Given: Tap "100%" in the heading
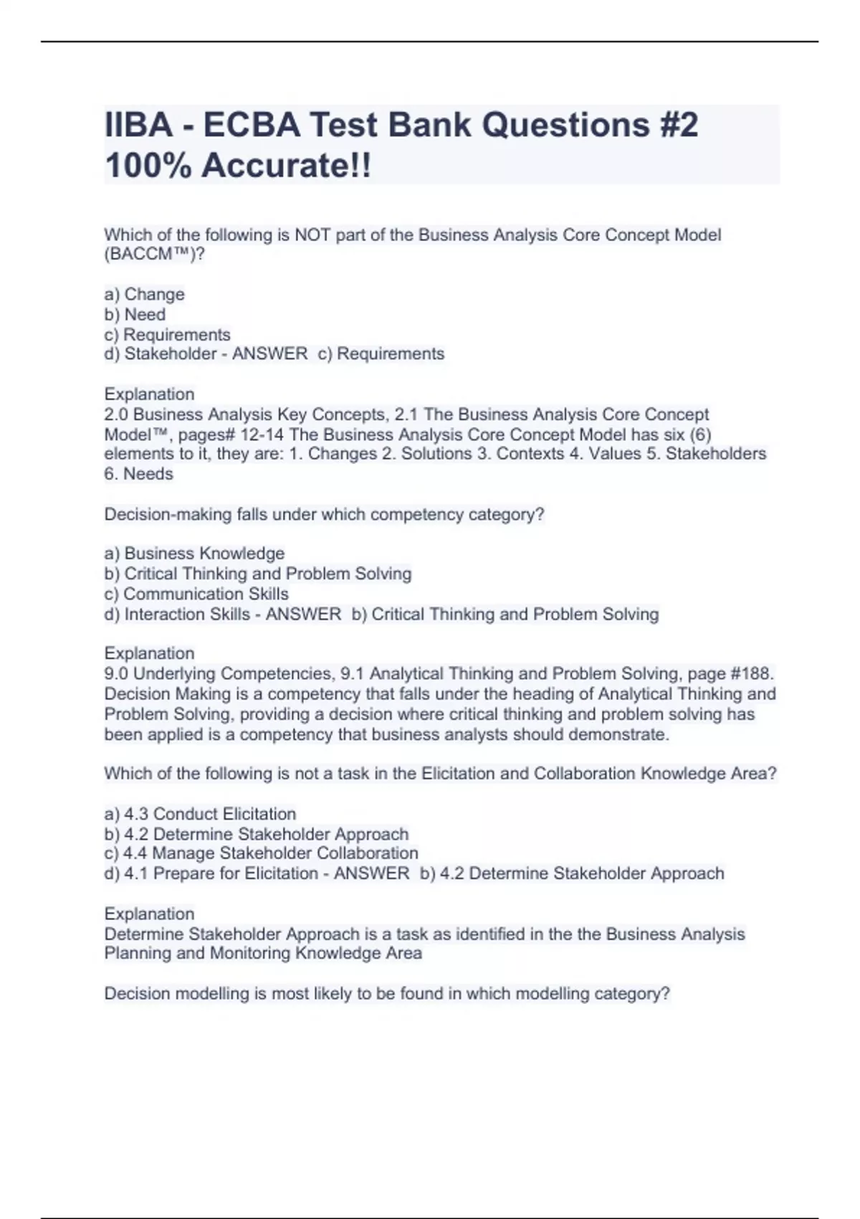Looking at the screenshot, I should [146, 166].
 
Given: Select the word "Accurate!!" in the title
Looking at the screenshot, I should [287, 166].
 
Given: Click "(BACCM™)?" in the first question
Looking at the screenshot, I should [154, 255].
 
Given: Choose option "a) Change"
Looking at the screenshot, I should [145, 294].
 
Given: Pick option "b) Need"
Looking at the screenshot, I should [135, 314].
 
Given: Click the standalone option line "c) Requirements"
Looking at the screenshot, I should [167, 334].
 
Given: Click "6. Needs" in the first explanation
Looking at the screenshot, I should [138, 473].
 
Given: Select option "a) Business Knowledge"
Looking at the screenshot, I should [194, 554].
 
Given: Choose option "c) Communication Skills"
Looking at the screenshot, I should [196, 594].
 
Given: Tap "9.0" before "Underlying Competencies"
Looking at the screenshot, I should [116, 673].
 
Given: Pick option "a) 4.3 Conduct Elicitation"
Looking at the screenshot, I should [200, 814].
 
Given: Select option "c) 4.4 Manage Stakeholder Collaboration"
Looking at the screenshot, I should [261, 853].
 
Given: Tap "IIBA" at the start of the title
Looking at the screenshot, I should [138, 125].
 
